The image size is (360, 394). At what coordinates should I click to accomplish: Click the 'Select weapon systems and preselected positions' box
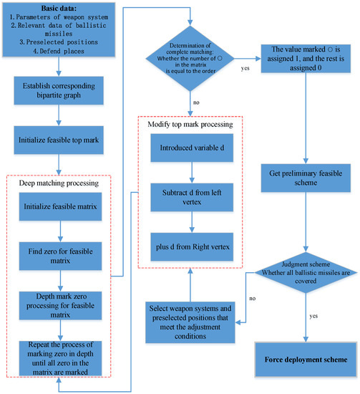(190, 313)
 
